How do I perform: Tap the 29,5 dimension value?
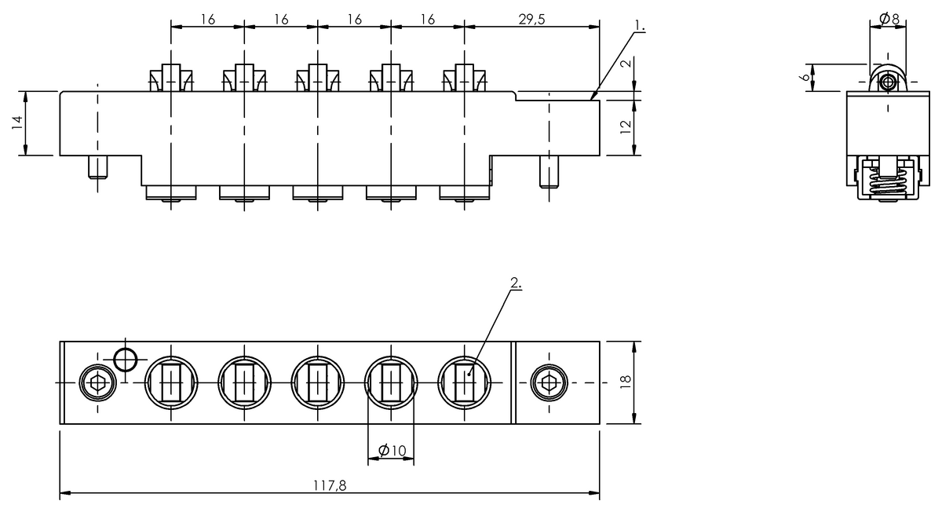click(532, 19)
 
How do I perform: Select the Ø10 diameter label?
click(392, 450)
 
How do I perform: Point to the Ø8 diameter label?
click(889, 18)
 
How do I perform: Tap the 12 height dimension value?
click(626, 127)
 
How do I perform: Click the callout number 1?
click(641, 27)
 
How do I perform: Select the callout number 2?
click(515, 283)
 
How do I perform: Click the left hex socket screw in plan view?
click(97, 382)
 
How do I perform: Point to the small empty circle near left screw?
click(125, 359)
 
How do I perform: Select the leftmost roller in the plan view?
click(171, 382)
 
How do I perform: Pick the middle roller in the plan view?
click(318, 382)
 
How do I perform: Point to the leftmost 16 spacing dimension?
click(207, 19)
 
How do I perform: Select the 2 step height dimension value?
click(626, 64)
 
